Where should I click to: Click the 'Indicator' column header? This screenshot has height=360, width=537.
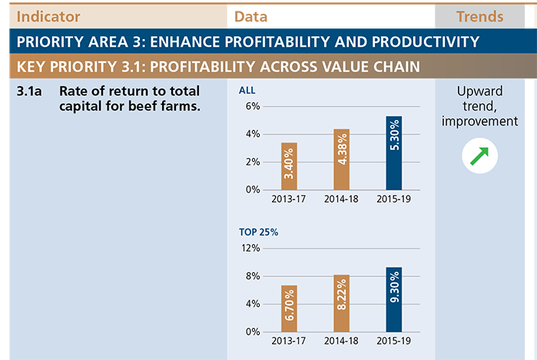pos(48,16)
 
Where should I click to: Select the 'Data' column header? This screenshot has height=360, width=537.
pos(250,16)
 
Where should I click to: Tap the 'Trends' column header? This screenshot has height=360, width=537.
pos(480,16)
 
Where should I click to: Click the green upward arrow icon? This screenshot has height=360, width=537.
pos(479,156)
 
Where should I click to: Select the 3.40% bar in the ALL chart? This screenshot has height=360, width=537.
pos(289,167)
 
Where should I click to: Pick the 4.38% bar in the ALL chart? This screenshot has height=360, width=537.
pos(341,160)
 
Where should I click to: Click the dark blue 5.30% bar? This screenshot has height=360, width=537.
pos(394,153)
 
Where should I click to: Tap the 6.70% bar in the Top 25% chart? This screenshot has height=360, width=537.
pos(289,309)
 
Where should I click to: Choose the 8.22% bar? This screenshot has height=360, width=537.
pos(341,303)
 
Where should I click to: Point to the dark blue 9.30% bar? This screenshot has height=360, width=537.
pos(394,299)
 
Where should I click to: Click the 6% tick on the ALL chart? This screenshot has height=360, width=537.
pos(253,106)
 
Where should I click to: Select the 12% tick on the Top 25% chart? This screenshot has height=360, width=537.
pos(250,248)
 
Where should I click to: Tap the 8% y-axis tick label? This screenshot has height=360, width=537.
pos(253,276)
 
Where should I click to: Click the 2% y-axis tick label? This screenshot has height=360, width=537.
pos(253,162)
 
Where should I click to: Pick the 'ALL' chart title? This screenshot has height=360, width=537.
pos(247,91)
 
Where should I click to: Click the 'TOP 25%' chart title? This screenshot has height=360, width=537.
pos(259,232)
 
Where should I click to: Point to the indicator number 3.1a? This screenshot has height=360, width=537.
pos(29,91)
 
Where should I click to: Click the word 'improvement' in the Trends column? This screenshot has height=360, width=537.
pos(479,121)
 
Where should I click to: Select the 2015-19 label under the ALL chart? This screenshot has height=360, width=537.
pos(393,199)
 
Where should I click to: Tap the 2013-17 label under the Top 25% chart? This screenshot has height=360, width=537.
pos(288,341)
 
